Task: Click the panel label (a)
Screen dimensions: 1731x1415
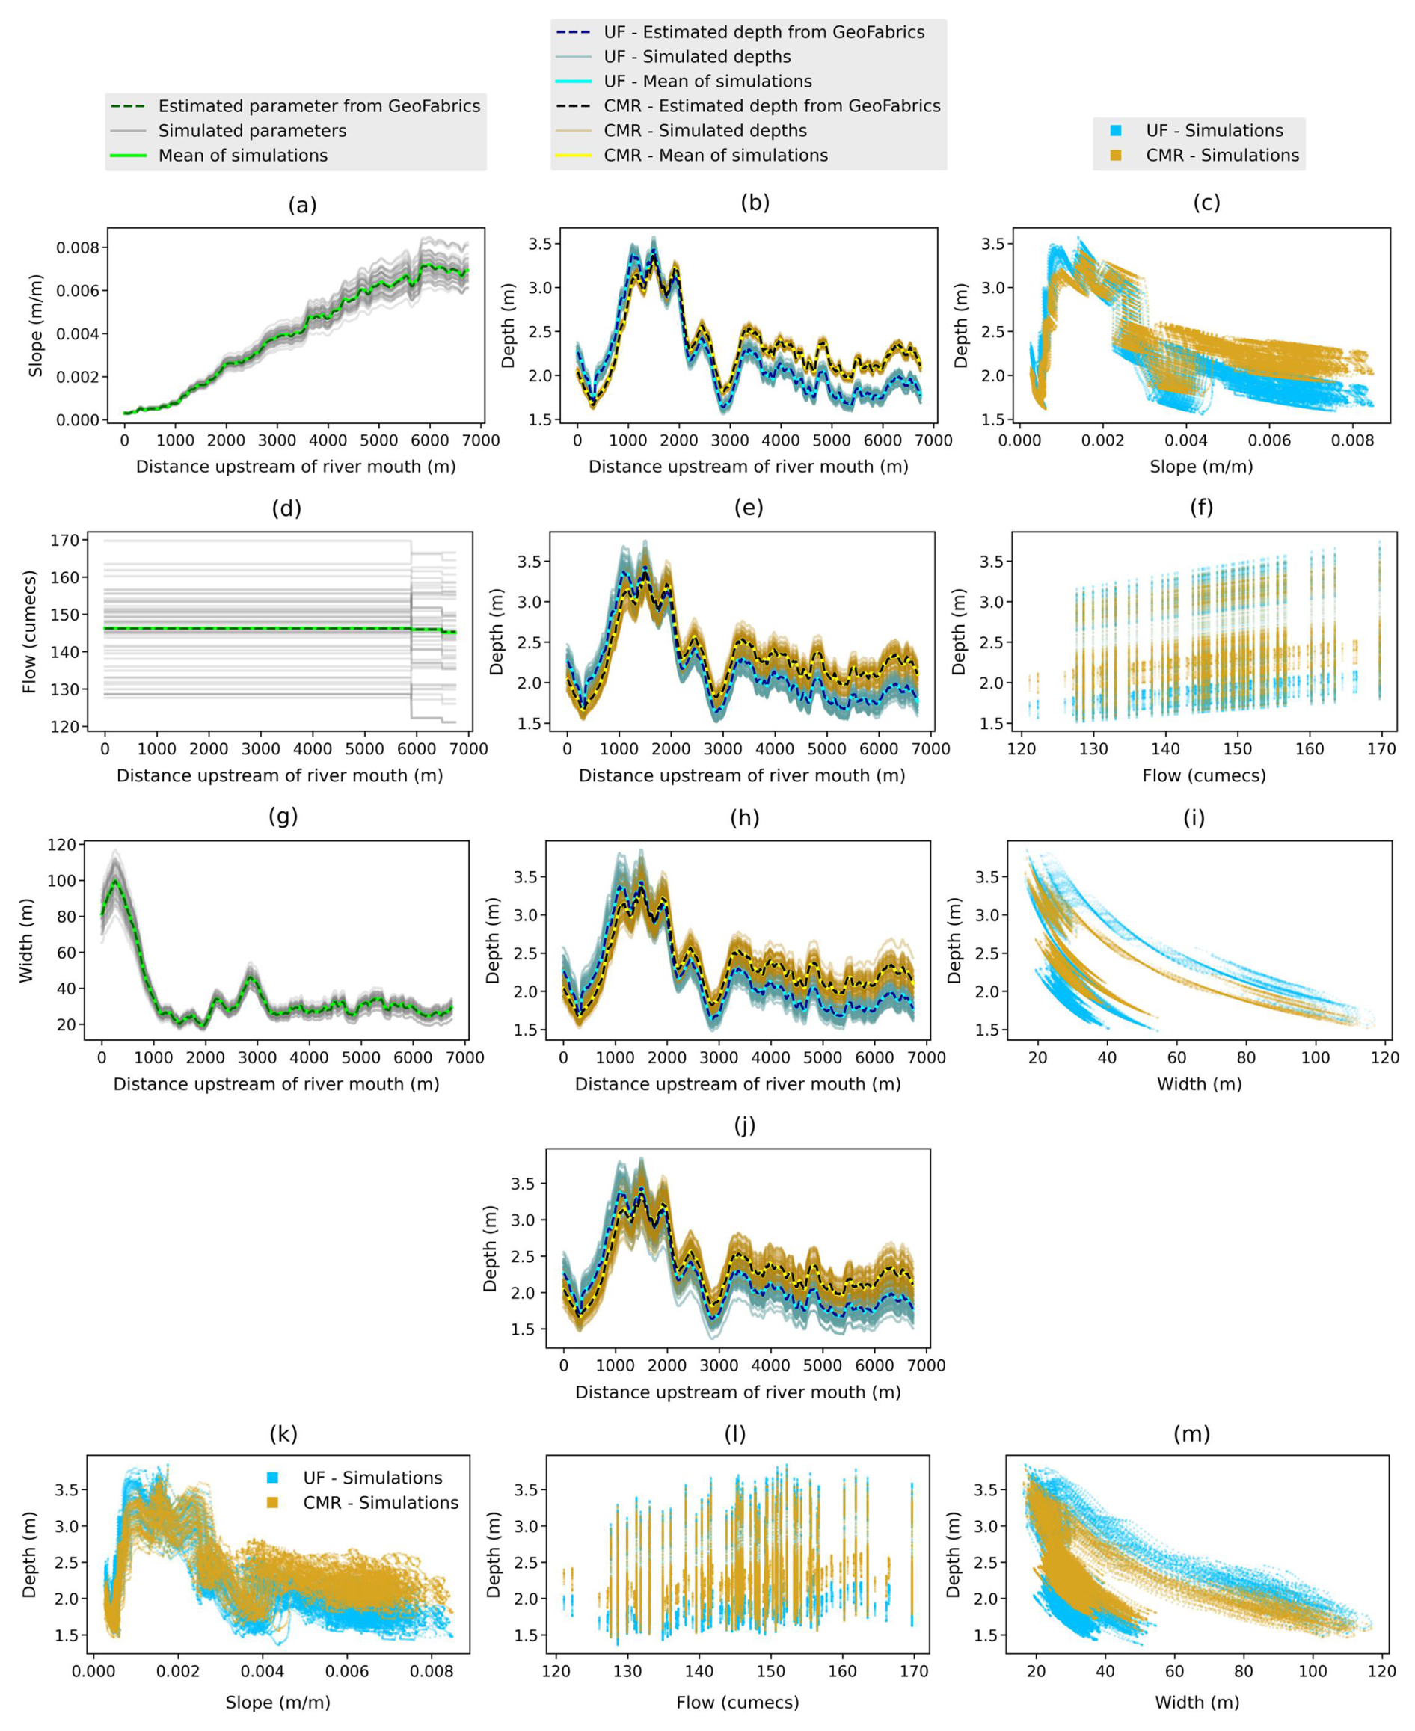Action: pos(302,206)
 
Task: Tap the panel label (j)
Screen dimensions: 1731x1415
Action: pos(744,1125)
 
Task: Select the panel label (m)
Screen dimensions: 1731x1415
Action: pos(1191,1433)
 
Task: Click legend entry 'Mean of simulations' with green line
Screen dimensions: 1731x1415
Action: pos(243,156)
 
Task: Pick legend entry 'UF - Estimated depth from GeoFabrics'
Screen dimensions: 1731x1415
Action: pos(764,33)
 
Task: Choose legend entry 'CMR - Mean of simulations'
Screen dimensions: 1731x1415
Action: pos(715,156)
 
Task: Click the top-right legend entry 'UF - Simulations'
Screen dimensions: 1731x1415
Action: pos(1214,131)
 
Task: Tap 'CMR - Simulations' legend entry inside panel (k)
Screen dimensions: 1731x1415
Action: pos(380,1503)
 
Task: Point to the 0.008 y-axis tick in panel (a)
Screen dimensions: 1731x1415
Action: pos(76,247)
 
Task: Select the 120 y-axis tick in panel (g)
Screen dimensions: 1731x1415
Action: pos(63,844)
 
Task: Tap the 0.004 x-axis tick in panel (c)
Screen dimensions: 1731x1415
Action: pos(1185,441)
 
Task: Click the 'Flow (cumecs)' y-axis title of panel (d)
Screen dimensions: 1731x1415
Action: pos(30,633)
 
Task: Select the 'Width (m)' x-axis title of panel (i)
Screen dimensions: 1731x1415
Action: pos(1199,1085)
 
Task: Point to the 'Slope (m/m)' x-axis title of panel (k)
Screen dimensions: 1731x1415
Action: pos(278,1703)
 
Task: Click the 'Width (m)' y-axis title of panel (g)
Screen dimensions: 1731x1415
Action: pos(26,941)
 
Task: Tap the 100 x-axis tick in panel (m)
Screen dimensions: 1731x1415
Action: pos(1313,1671)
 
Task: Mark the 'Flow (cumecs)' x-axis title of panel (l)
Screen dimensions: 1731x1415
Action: pos(737,1703)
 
